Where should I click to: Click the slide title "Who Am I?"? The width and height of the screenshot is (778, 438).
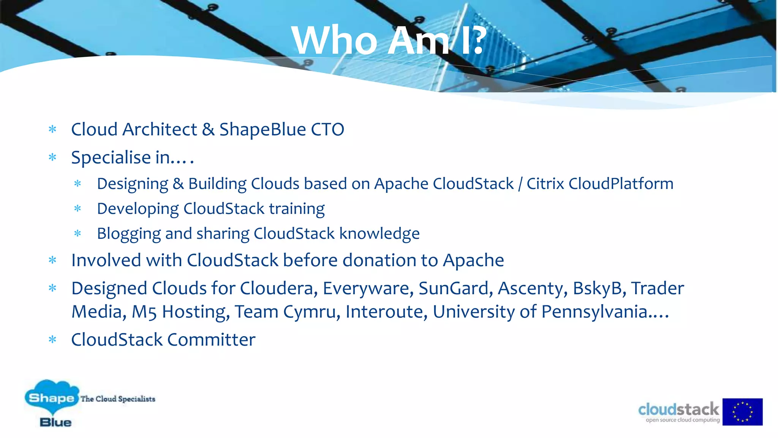(389, 40)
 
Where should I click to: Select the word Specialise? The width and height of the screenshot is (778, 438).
(111, 158)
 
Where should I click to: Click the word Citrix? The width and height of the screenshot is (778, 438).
(545, 184)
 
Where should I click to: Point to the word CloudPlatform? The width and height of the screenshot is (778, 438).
(621, 184)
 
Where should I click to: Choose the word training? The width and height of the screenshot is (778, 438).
(297, 209)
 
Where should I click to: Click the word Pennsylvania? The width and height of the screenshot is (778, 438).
(595, 312)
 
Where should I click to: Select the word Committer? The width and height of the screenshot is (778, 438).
(211, 340)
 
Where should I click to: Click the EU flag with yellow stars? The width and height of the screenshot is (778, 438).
(742, 412)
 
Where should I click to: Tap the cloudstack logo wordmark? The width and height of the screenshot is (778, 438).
(678, 410)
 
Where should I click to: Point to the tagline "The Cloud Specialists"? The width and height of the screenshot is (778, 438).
(118, 399)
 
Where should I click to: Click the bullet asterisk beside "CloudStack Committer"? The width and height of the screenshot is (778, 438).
(52, 339)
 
